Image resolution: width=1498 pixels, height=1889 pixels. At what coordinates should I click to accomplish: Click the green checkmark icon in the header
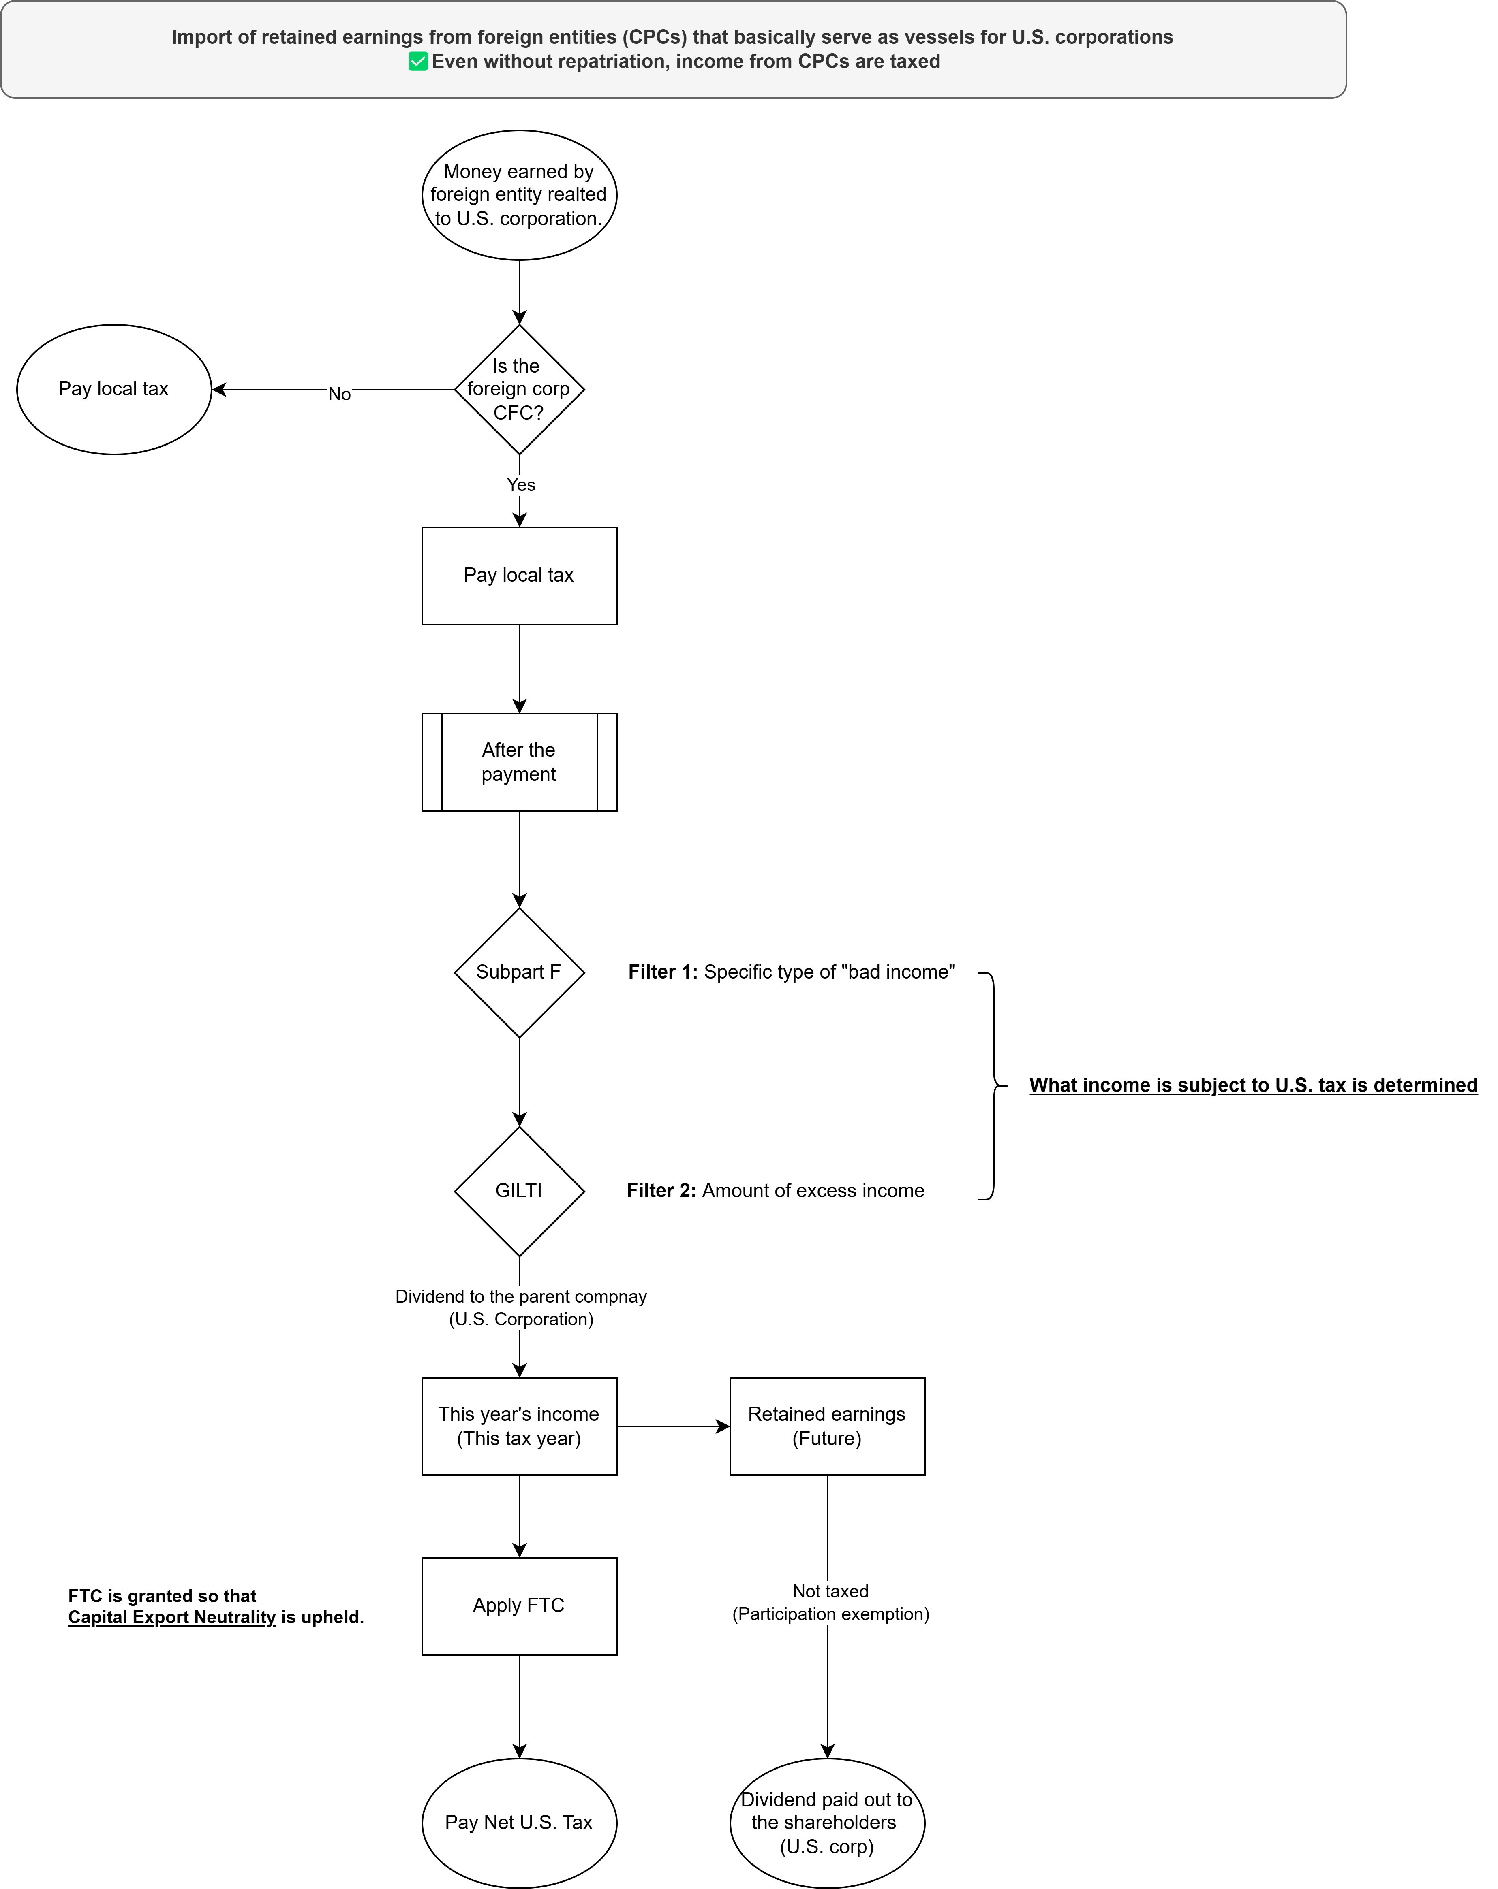click(418, 61)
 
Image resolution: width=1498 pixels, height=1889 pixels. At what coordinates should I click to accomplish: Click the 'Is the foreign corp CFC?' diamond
click(519, 389)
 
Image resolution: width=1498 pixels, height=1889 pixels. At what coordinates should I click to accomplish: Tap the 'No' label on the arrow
click(339, 394)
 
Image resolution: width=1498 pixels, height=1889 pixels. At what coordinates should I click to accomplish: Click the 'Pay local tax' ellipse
click(114, 389)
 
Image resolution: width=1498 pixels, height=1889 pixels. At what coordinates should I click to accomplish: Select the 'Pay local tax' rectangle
click(519, 576)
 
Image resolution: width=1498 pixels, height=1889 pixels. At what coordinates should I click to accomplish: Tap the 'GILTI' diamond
click(519, 1191)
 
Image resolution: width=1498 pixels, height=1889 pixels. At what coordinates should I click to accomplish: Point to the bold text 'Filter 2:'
click(661, 1191)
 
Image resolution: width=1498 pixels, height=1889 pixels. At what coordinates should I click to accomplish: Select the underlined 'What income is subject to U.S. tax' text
click(1252, 1085)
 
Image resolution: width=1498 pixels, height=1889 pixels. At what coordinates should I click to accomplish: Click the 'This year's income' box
click(519, 1426)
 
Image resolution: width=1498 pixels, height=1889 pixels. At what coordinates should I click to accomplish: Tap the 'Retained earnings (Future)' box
click(826, 1426)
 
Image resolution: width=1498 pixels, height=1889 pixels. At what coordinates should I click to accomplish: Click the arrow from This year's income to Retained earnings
click(672, 1426)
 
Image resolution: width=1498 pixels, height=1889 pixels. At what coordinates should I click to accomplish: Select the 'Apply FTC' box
click(519, 1606)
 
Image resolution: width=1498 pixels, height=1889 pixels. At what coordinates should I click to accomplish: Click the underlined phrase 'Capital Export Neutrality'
click(172, 1617)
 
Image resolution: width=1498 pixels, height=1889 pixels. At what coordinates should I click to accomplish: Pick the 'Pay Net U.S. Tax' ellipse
click(519, 1823)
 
